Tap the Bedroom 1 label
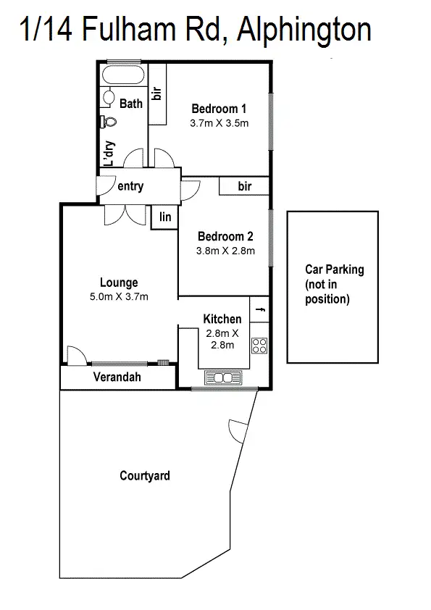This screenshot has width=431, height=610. point(219,109)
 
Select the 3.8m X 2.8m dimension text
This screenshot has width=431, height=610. point(225,251)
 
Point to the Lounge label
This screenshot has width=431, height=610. point(119,283)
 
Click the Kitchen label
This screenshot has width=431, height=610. point(222,319)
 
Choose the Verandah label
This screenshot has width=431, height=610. point(117,377)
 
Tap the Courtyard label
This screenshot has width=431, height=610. point(145,476)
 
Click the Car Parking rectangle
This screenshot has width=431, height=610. point(334,286)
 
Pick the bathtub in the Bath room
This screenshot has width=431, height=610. point(124,76)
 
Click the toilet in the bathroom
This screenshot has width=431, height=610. point(110,122)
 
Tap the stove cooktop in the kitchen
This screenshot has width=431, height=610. point(259,346)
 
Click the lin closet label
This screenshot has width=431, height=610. point(165,217)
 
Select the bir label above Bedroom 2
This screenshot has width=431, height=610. point(245,186)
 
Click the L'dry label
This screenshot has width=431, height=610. point(109,154)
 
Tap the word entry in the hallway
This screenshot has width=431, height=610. point(130,186)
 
